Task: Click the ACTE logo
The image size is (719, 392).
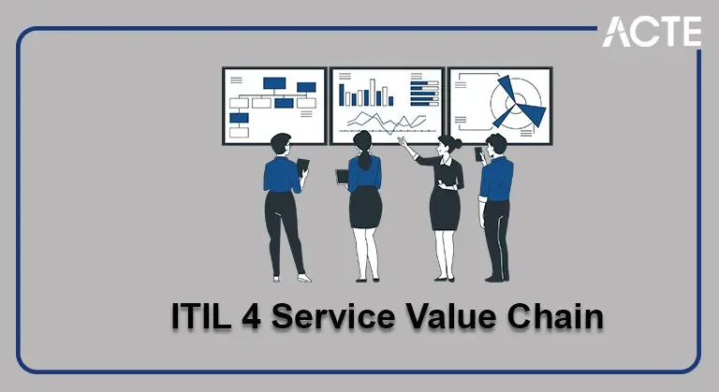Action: pos(652,31)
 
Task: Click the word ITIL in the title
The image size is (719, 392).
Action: pos(202,316)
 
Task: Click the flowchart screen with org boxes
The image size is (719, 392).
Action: pos(273,105)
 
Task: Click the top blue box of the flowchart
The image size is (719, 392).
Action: pos(274,82)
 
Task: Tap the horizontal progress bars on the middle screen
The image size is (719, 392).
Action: pos(426,92)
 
